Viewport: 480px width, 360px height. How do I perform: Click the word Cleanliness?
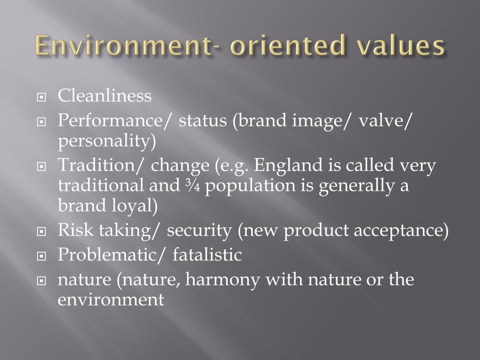(x=105, y=96)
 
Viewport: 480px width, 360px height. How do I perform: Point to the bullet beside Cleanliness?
(x=42, y=98)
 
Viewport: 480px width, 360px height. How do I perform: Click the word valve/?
(x=386, y=120)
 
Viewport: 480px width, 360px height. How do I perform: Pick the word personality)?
(x=106, y=141)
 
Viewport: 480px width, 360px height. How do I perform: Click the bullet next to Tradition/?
(x=42, y=167)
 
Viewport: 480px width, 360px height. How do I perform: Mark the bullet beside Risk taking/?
(x=42, y=232)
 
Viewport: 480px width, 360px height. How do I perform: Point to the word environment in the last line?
(x=111, y=300)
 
